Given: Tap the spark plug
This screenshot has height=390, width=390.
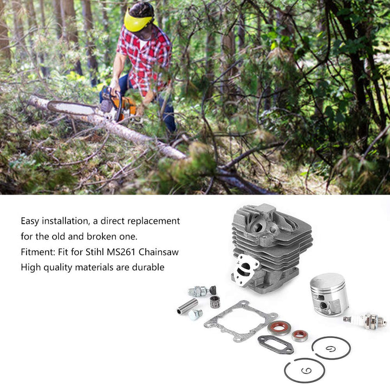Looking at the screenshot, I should click(368, 321).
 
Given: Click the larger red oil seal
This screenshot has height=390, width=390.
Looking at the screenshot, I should click(280, 328).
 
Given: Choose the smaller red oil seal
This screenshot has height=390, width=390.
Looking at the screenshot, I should click(299, 335).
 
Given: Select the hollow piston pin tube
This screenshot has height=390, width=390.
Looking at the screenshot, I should click(187, 306).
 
